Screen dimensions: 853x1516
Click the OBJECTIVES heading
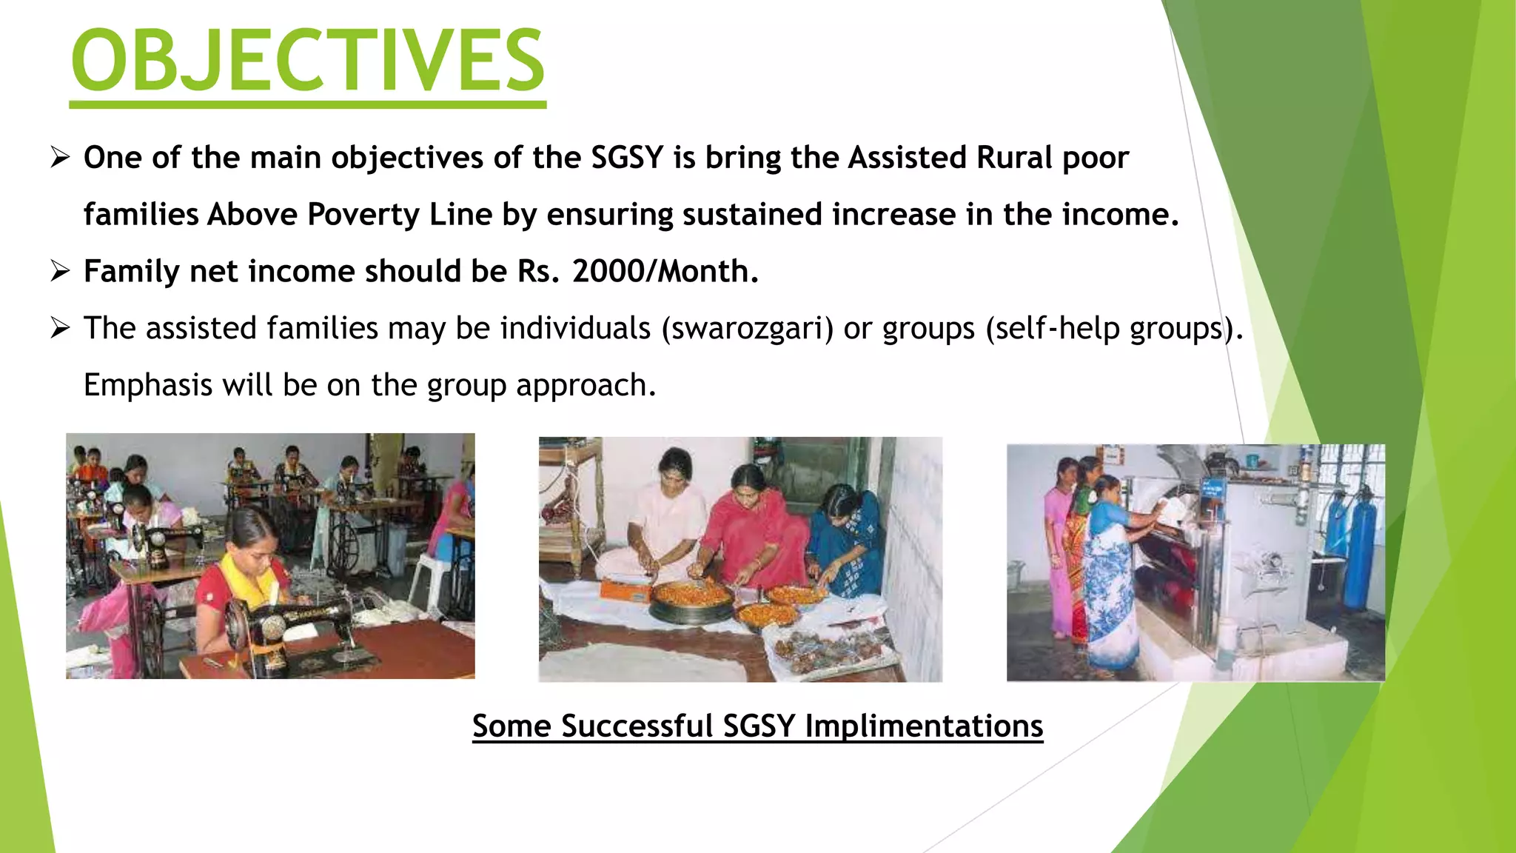tap(307, 61)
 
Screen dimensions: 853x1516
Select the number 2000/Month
tap(665, 271)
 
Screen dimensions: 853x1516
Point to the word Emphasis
tap(148, 386)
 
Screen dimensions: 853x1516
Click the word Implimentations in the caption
tap(924, 726)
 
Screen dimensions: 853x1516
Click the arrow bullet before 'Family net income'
tap(60, 271)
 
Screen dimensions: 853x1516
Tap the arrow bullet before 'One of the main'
tap(60, 158)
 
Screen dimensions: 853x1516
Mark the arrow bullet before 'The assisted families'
tap(60, 328)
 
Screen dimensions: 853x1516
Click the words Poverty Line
tap(400, 215)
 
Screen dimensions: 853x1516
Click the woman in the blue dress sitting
tap(848, 541)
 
